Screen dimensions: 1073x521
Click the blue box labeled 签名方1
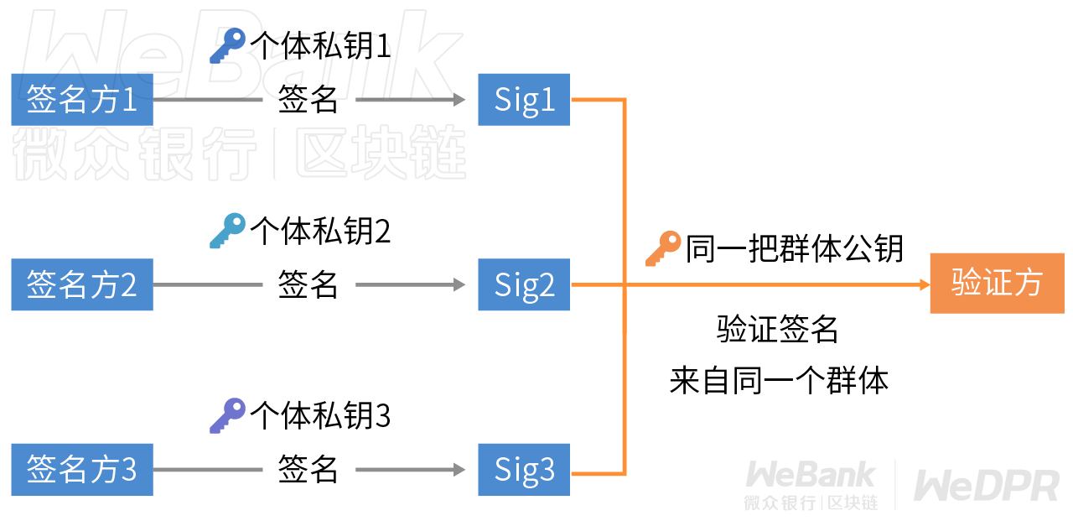[x=82, y=100]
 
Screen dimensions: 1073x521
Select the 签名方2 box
[x=82, y=284]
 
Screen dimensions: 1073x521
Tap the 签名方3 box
[x=82, y=470]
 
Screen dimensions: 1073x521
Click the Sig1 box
[x=524, y=100]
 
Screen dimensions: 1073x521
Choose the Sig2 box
[x=524, y=284]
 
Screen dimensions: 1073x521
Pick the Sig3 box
[x=524, y=470]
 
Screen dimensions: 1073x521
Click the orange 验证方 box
[x=998, y=284]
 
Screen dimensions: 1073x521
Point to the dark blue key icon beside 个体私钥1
[x=228, y=46]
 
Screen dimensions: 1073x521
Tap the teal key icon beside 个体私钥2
[x=228, y=231]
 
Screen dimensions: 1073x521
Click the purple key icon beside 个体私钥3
[x=228, y=415]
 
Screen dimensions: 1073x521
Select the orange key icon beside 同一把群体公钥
[x=663, y=249]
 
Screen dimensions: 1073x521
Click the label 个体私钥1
[x=320, y=46]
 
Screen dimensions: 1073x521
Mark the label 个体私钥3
[x=320, y=415]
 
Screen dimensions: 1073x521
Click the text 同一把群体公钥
[x=794, y=249]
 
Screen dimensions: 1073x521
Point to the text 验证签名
[x=777, y=329]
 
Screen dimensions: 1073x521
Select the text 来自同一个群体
[x=779, y=381]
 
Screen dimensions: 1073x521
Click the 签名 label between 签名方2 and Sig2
[x=308, y=284]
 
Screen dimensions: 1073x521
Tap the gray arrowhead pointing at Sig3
[x=459, y=470]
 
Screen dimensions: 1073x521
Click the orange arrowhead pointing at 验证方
[x=925, y=284]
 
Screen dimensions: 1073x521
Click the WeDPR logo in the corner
[x=987, y=486]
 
